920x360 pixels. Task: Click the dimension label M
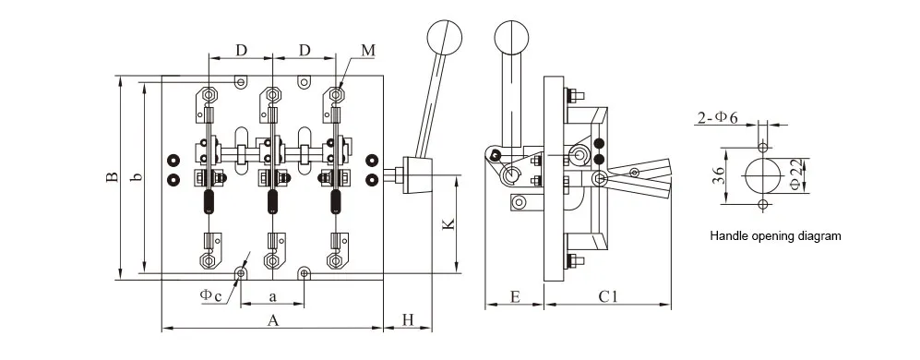pyautogui.click(x=368, y=51)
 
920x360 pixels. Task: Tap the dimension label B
pyautogui.click(x=113, y=177)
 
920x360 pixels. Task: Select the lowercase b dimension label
pyautogui.click(x=137, y=177)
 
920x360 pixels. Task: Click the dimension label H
pyautogui.click(x=409, y=319)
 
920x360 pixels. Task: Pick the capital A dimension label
pyautogui.click(x=272, y=320)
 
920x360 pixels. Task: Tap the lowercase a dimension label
pyautogui.click(x=273, y=297)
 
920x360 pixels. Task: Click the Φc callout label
pyautogui.click(x=210, y=295)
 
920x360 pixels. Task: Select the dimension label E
pyautogui.click(x=515, y=296)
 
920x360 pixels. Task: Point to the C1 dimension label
pyautogui.click(x=608, y=296)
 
